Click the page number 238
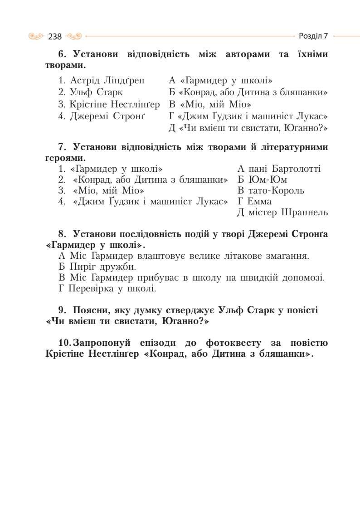pos(55,36)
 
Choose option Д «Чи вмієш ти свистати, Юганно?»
pos(248,128)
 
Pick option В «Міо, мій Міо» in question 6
pos(211,104)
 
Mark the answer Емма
pos(260,202)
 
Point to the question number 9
pos(62,310)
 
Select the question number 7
pos(62,147)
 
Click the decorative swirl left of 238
pos(37,36)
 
